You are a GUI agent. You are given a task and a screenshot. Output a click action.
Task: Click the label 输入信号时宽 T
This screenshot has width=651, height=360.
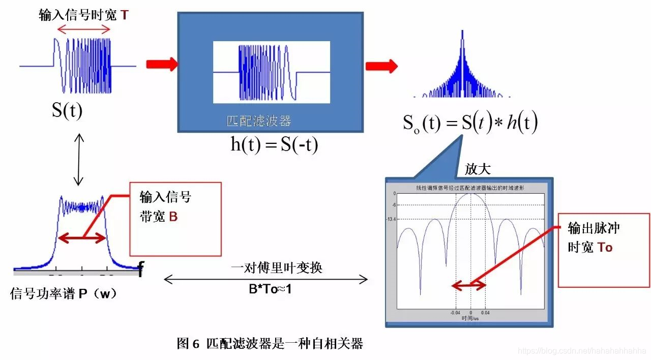coord(84,15)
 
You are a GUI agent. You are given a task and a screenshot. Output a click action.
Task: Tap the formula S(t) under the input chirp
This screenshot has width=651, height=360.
coord(67,110)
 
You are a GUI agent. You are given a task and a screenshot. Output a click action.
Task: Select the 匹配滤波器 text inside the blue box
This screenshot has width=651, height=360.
coord(258,121)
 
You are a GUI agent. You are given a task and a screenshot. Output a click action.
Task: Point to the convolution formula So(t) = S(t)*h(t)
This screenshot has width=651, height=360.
coord(470,123)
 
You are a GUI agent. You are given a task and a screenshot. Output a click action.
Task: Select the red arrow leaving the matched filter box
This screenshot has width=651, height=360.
coord(381,66)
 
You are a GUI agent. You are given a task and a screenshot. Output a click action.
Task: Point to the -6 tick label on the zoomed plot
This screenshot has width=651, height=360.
coord(393,205)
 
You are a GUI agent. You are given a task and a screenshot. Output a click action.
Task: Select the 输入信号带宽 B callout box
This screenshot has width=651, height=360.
coord(175,219)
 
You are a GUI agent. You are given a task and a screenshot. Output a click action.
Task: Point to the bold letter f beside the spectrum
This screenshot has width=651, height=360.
coord(141,269)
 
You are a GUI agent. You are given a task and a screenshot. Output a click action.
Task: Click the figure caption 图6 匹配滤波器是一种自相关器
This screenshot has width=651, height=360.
coord(270,344)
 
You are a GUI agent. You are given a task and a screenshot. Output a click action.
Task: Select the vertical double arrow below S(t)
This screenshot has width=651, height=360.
coord(78,159)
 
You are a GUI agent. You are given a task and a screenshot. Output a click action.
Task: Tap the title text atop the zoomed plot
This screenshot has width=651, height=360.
coord(470,188)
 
